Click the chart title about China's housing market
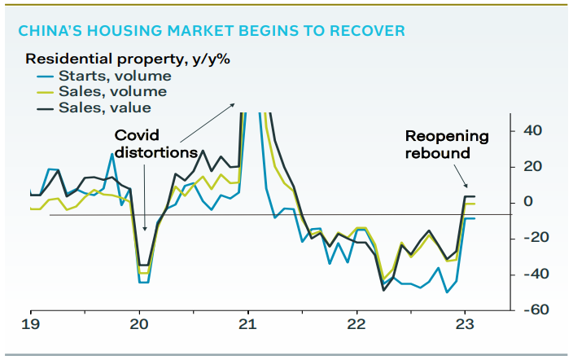[x=212, y=32]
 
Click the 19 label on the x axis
[x=32, y=323]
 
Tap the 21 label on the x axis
[x=248, y=323]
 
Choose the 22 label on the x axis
[x=356, y=323]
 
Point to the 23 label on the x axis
[x=465, y=323]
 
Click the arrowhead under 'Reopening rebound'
[x=464, y=185]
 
